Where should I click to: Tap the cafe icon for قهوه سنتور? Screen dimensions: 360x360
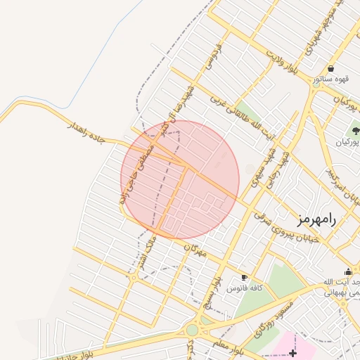(330, 68)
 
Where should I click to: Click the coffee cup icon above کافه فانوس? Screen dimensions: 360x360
(244, 277)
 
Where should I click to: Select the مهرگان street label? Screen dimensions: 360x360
(195, 250)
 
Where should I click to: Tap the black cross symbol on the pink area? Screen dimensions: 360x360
(292, 351)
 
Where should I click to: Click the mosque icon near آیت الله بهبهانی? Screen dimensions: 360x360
(348, 271)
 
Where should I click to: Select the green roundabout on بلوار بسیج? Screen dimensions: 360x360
(192, 330)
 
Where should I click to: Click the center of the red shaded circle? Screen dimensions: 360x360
(180, 180)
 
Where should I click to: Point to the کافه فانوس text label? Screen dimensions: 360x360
(247, 288)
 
